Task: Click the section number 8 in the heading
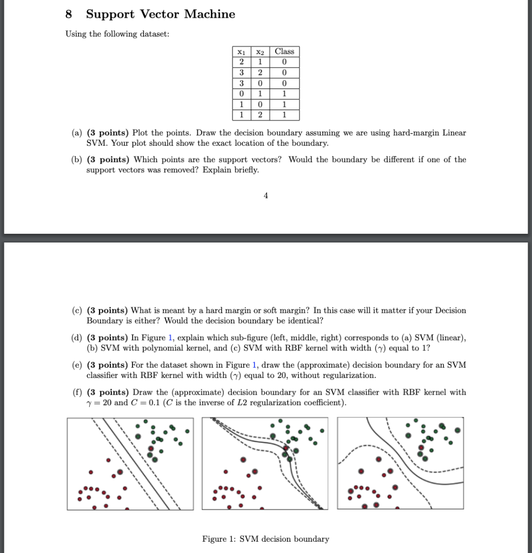[x=69, y=15]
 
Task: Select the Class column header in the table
[x=284, y=52]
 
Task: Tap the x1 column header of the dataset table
[x=241, y=52]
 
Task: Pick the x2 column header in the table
[x=260, y=52]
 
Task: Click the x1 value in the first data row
[x=241, y=62]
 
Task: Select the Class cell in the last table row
[x=284, y=114]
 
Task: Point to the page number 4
[x=265, y=196]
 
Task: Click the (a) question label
[x=77, y=133]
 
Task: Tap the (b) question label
[x=77, y=160]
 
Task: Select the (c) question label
[x=77, y=311]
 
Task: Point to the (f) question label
[x=77, y=392]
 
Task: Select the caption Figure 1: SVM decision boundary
[x=265, y=539]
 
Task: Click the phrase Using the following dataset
[x=117, y=34]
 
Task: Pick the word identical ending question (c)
[x=304, y=321]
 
